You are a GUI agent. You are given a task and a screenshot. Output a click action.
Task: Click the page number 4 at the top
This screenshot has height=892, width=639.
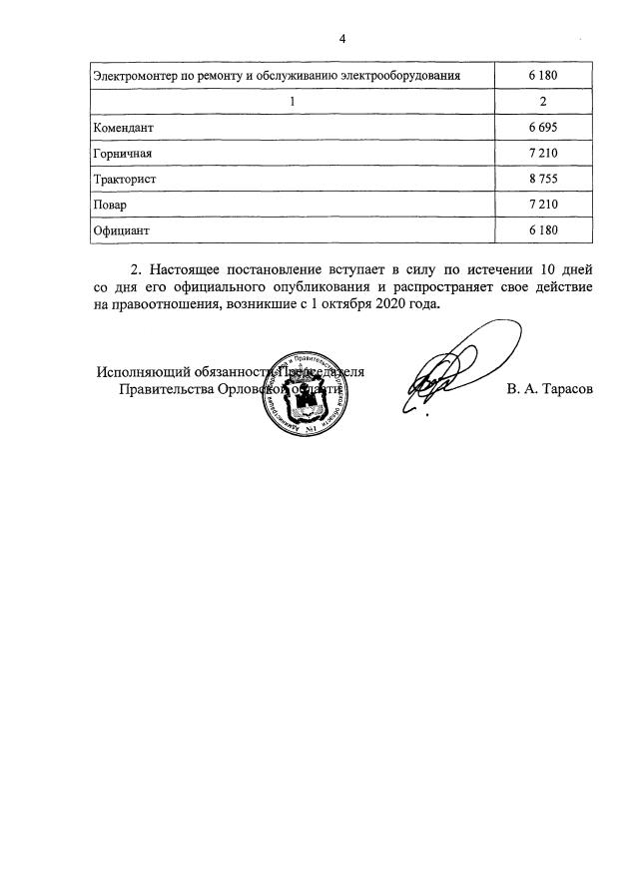click(342, 39)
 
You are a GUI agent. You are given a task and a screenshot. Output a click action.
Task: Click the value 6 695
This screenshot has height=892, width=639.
click(543, 128)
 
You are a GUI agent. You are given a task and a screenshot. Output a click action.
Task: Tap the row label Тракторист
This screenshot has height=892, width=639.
click(125, 180)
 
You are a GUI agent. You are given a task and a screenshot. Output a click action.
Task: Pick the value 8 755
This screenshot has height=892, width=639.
click(543, 180)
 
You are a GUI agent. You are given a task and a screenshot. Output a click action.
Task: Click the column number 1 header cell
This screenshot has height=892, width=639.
click(292, 102)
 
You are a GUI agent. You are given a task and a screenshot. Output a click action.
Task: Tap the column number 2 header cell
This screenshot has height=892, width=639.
click(543, 102)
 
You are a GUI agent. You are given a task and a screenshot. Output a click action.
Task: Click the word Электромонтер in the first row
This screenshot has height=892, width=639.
click(136, 76)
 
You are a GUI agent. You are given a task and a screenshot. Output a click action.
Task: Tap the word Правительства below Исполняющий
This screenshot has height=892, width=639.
click(166, 390)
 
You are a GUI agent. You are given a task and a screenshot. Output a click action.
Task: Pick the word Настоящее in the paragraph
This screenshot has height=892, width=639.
click(192, 269)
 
